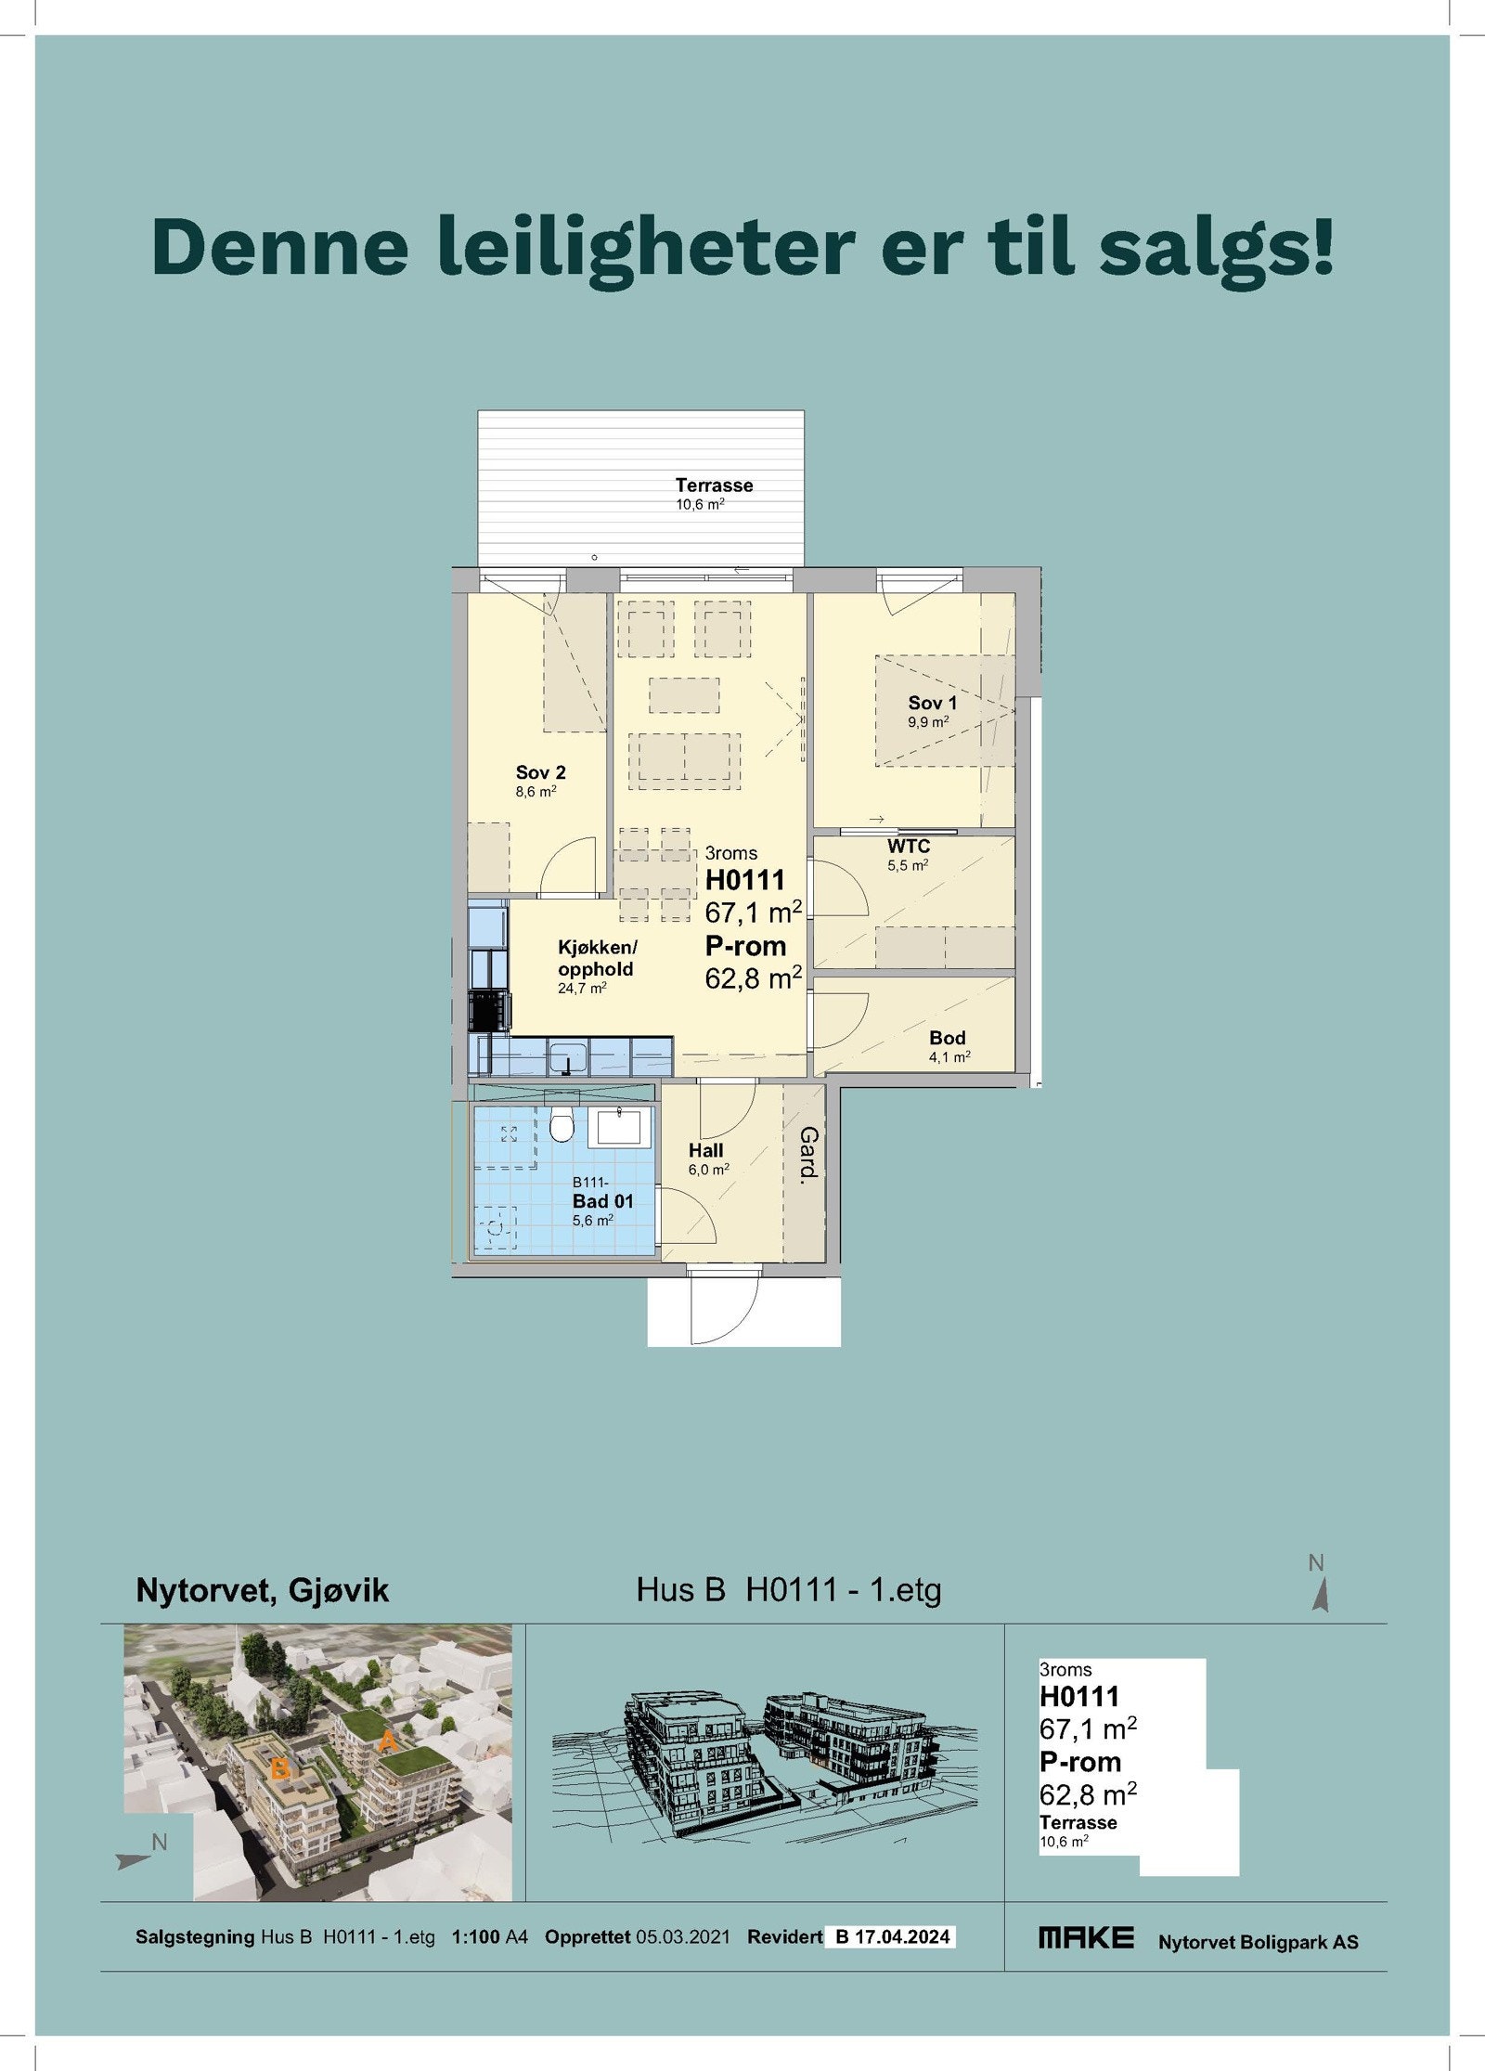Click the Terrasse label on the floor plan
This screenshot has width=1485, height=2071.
pos(714,485)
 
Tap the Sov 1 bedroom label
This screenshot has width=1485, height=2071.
pos(931,703)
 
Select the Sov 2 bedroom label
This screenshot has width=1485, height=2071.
pos(540,772)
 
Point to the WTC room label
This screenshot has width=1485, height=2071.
pos(908,847)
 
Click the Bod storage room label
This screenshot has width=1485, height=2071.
pos(947,1038)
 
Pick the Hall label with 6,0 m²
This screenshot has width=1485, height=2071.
pos(705,1150)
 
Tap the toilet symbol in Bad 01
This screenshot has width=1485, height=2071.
pos(561,1125)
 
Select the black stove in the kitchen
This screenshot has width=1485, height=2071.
pos(489,1011)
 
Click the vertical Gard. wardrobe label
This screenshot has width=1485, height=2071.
pos(808,1154)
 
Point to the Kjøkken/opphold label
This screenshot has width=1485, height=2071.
pos(597,958)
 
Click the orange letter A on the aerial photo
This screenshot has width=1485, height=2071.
pos(388,1742)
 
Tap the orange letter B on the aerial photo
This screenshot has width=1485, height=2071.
pos(279,1771)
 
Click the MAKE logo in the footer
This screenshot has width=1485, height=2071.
pos(1085,1937)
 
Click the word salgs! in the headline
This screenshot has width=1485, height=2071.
pos(1217,246)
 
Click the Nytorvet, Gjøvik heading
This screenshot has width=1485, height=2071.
pos(262,1590)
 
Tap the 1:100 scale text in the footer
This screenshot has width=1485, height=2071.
pos(475,1937)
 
